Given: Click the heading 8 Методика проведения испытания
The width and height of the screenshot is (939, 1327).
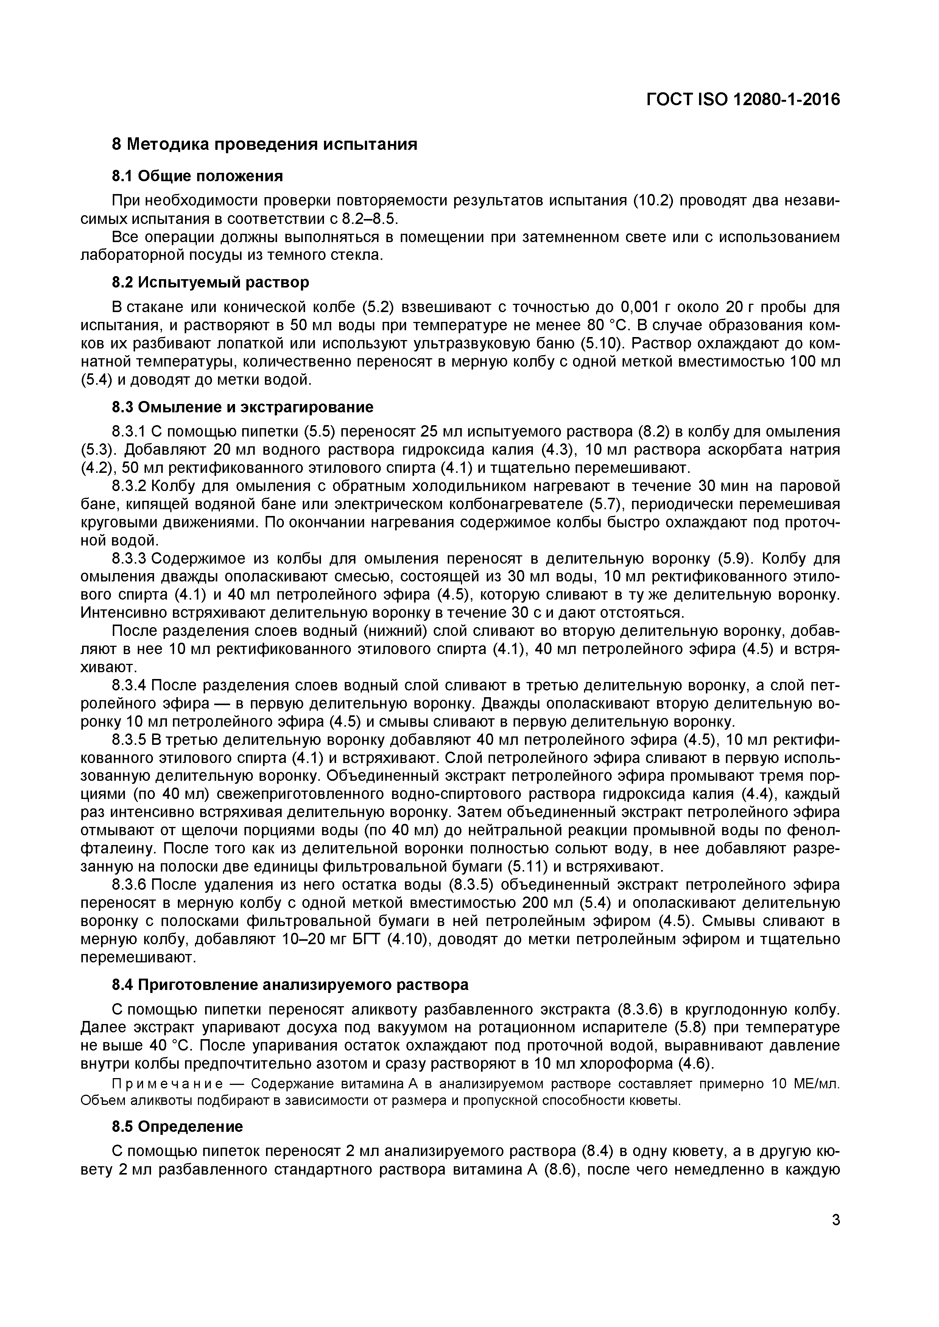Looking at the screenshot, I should [x=264, y=143].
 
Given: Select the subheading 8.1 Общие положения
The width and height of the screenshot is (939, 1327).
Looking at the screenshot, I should [x=197, y=176].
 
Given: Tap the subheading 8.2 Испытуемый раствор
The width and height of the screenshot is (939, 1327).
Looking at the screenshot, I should [x=210, y=282].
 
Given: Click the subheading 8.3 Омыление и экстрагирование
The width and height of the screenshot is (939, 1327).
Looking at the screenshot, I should [x=242, y=407].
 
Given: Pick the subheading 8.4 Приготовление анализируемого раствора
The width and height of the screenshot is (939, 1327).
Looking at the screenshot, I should [x=290, y=984].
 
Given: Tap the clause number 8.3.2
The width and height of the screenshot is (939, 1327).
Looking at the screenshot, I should [x=131, y=486].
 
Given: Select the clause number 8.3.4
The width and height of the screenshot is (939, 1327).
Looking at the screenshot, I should [x=131, y=685].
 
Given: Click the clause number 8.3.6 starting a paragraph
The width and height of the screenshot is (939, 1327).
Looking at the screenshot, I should [x=131, y=885].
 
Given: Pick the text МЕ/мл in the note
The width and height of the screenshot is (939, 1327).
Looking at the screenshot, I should [x=817, y=1084].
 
